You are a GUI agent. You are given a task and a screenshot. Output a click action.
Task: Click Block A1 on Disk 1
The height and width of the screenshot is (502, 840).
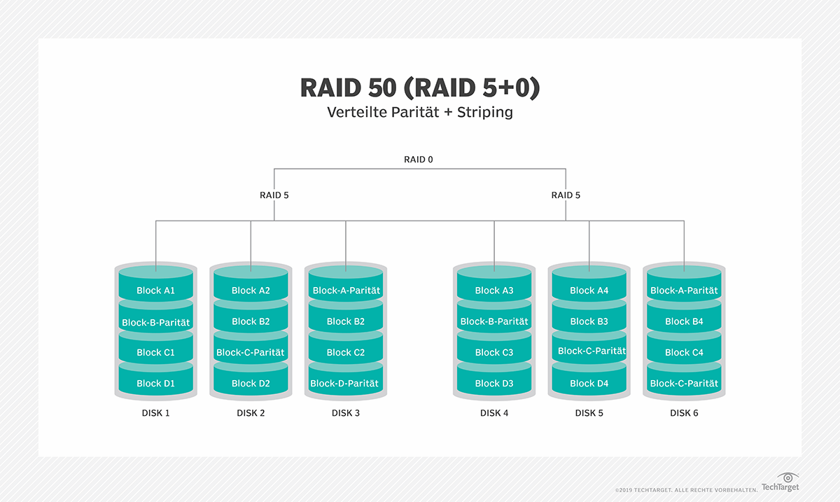point(155,291)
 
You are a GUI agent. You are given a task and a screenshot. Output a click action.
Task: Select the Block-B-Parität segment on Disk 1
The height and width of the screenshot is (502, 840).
point(155,323)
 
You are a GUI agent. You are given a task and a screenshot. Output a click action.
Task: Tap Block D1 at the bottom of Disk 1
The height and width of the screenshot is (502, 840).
point(155,383)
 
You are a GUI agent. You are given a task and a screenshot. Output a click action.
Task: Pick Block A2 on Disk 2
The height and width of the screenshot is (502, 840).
point(251,291)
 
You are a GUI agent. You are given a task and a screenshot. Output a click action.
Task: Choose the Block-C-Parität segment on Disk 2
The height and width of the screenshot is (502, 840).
point(251,352)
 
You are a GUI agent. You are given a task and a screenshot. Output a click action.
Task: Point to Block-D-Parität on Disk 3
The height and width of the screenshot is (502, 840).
point(344,383)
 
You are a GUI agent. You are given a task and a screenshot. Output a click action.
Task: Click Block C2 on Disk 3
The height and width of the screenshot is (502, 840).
point(346,352)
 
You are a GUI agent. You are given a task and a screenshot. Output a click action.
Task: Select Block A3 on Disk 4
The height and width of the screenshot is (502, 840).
point(494,291)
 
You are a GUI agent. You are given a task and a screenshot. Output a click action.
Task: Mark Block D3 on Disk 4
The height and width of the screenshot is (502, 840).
point(494,383)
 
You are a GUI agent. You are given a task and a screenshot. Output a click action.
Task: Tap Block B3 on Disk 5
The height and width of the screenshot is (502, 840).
point(589,321)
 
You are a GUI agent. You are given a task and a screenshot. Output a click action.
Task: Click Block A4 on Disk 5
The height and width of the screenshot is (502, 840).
point(589,291)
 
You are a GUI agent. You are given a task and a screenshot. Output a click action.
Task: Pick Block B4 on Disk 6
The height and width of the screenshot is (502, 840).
point(684,321)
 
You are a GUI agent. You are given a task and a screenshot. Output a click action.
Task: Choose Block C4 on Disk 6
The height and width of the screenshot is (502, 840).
point(684,352)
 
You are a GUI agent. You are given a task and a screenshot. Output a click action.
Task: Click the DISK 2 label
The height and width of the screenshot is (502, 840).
point(251,413)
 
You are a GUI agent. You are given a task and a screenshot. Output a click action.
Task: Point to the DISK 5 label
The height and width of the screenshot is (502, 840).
point(589,413)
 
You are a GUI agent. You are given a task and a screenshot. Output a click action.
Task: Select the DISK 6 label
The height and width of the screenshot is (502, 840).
point(684,413)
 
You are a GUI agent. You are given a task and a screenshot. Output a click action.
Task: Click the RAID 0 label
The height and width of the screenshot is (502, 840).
point(419,160)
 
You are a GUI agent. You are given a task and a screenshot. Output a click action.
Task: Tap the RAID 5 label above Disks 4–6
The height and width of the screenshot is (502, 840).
point(566,195)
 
